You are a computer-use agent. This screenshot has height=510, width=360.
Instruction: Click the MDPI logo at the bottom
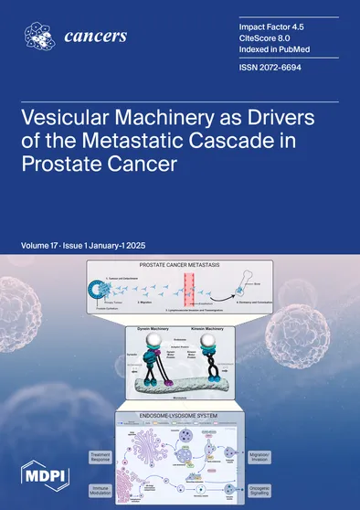point(39,476)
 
